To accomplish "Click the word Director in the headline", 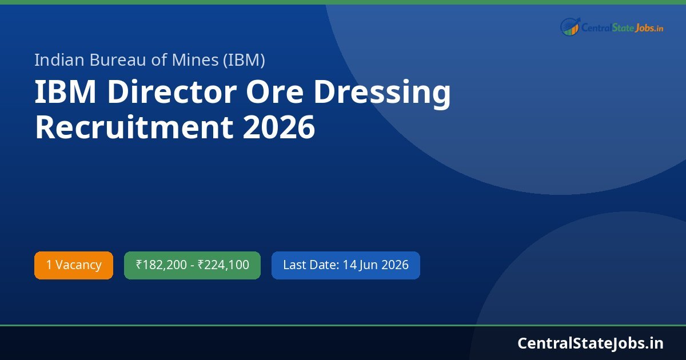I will [172, 93].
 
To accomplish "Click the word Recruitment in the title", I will [133, 127].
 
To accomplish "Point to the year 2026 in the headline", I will [278, 127].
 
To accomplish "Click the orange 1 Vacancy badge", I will [74, 265].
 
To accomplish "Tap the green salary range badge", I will [192, 265].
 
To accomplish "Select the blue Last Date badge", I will [345, 265].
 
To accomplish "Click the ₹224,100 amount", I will [224, 265].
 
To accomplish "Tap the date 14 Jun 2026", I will [376, 265].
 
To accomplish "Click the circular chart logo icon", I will [570, 26].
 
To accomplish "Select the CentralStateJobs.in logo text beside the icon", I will [622, 27].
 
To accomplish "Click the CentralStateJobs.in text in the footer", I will [590, 343].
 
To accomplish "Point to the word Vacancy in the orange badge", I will [78, 265].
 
